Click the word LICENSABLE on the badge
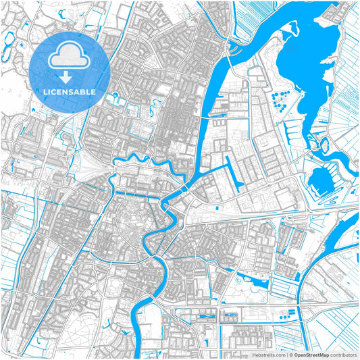[70, 91]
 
